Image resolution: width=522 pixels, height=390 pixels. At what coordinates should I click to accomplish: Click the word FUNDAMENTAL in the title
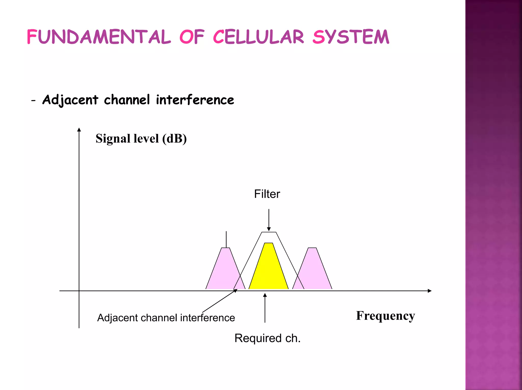coord(98,37)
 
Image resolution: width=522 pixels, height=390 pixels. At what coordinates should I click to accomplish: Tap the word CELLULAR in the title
coord(258,37)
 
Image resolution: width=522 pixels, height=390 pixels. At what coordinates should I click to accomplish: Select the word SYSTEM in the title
coord(351,37)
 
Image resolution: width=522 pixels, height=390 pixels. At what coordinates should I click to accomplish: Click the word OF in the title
coord(192,37)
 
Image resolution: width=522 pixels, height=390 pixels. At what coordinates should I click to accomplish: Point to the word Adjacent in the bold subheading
coord(70,100)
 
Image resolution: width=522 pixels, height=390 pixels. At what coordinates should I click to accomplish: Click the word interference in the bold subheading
coord(195,100)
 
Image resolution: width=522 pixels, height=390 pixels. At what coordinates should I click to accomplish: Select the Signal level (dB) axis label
coord(141,139)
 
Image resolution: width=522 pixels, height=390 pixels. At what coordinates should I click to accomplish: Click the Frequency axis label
coord(385,316)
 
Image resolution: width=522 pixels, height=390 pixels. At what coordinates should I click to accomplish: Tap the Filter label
coord(267,194)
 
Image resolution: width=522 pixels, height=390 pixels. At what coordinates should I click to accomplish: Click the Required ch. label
coord(267,338)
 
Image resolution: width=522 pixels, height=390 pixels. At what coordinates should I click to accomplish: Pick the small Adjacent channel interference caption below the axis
coord(166,318)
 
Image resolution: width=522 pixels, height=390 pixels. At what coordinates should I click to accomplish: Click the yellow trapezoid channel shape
coord(269,270)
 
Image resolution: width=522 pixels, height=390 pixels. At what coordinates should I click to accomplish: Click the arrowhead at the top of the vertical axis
coord(79,130)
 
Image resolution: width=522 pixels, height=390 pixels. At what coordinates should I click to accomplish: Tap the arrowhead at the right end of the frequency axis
coord(429,291)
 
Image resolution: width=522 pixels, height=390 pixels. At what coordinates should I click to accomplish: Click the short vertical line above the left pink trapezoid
coord(226,239)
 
